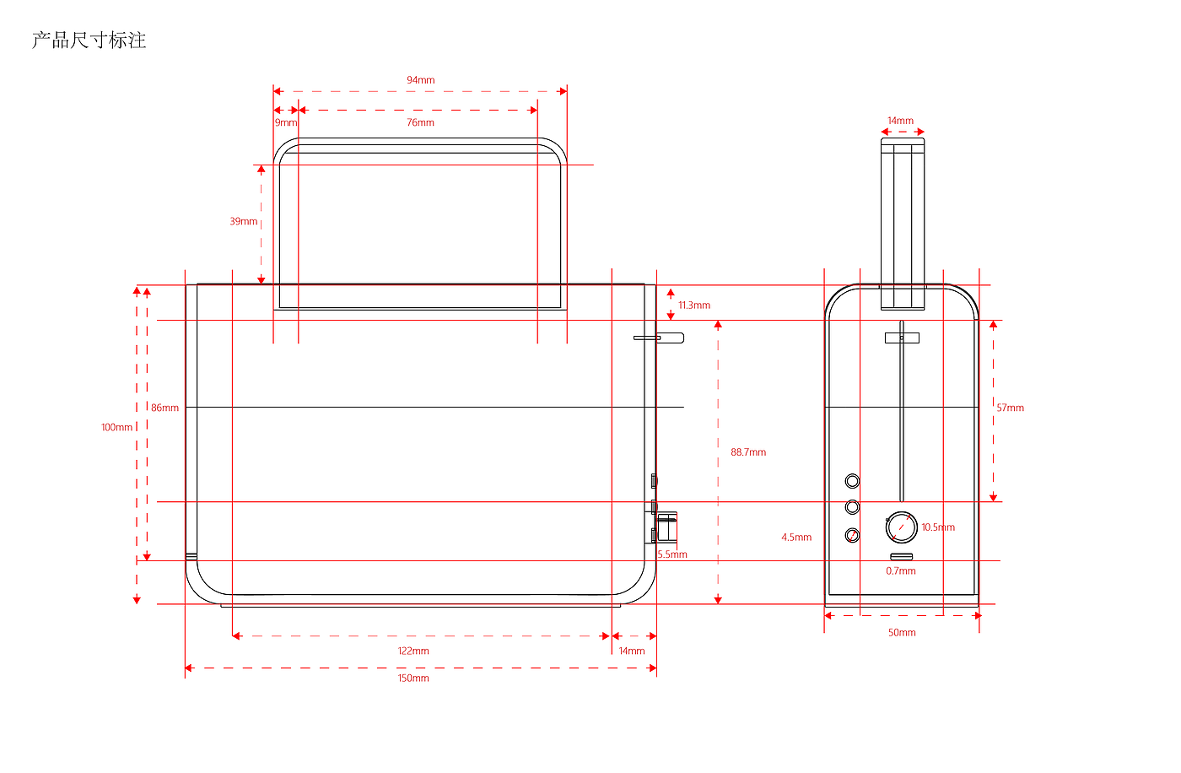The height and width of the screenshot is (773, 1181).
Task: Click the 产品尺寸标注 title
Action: pos(89,40)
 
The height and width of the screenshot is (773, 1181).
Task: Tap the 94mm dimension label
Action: pos(420,80)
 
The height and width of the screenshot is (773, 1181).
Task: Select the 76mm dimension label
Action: pos(420,123)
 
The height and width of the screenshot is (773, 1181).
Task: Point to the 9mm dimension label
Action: pos(286,123)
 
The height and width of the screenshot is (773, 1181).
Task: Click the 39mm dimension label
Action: pos(244,221)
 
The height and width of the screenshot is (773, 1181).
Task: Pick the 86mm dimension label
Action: pos(164,408)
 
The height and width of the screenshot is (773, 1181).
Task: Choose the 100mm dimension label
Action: pos(116,427)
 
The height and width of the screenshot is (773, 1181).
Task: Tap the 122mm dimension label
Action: pos(413,651)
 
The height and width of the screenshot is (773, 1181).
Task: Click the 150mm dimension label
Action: pos(413,678)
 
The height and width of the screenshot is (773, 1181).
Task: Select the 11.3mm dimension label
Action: pos(693,305)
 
